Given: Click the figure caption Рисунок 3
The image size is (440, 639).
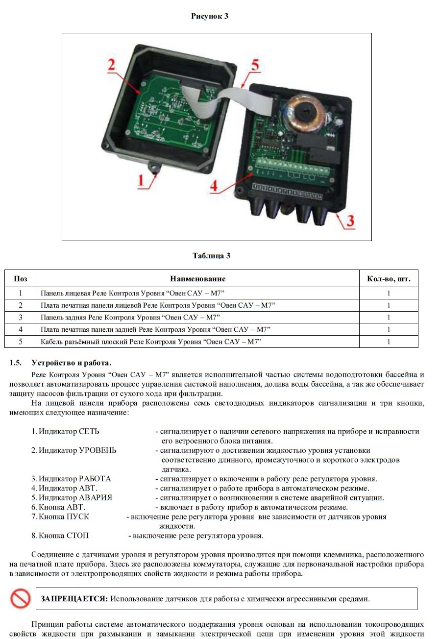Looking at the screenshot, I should (210, 16).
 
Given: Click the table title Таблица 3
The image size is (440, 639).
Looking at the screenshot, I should (211, 256).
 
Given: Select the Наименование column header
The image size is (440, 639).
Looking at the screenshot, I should (198, 279).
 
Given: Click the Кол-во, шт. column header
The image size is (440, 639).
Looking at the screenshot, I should (389, 279).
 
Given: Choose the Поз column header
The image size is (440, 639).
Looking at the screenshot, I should (21, 279).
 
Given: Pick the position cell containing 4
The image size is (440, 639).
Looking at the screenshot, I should (21, 329).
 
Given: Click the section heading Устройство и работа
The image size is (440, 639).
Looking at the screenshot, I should (71, 363).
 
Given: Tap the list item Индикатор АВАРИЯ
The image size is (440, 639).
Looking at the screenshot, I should (72, 498).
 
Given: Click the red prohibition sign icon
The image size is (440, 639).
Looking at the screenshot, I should (21, 599).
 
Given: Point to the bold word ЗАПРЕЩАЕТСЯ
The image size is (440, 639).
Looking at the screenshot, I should (74, 599).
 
